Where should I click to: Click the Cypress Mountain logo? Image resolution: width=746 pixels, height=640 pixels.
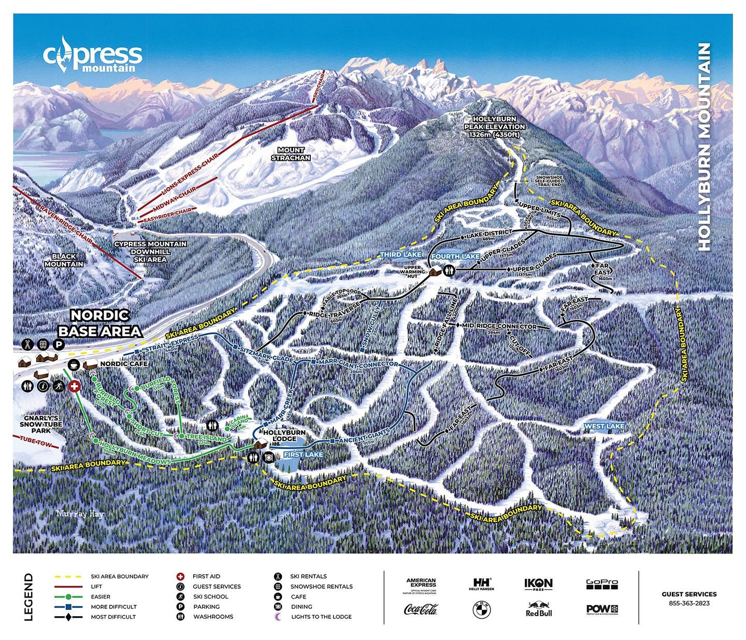pyautogui.click(x=92, y=55)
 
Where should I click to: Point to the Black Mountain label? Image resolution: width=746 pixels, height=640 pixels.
pyautogui.click(x=64, y=260)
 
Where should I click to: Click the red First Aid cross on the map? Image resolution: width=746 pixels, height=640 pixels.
pyautogui.click(x=75, y=386)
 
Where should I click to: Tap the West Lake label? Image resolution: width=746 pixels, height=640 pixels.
pyautogui.click(x=604, y=426)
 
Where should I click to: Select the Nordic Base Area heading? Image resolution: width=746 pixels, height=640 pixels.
pyautogui.click(x=99, y=323)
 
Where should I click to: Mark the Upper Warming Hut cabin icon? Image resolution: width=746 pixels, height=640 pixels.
pyautogui.click(x=434, y=271)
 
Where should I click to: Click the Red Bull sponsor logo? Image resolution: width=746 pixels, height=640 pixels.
pyautogui.click(x=539, y=609)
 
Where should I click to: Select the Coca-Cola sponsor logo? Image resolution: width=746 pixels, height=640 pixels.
pyautogui.click(x=421, y=609)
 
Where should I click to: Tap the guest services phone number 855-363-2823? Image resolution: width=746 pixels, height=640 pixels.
pyautogui.click(x=689, y=603)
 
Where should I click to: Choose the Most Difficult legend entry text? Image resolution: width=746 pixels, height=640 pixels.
pyautogui.click(x=113, y=617)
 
